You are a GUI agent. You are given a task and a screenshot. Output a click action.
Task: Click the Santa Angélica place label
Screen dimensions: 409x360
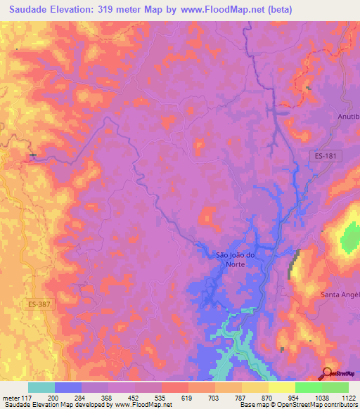point(340,295)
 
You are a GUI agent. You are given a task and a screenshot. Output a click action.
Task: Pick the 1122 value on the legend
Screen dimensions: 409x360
point(347,396)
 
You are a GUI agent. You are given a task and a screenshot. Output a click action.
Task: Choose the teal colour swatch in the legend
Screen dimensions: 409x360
point(41,387)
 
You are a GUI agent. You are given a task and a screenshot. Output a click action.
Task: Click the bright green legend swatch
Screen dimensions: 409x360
point(309,387)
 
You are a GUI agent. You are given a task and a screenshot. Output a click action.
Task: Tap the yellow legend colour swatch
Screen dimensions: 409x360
point(255,387)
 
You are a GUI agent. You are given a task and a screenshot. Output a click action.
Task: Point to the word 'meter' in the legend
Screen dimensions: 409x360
point(12,396)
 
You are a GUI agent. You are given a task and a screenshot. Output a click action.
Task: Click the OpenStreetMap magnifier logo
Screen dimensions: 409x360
point(328,373)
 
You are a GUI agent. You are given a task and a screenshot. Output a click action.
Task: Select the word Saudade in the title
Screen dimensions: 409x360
point(32,9)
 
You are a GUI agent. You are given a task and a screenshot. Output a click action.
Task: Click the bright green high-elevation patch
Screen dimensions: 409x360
point(349,238)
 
